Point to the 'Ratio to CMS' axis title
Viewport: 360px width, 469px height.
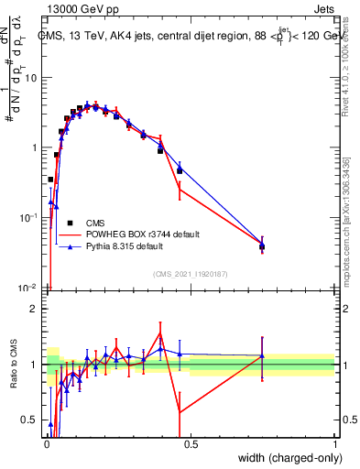12,365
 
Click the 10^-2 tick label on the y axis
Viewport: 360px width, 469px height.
30,288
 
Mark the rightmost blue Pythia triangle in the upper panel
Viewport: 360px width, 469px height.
262,245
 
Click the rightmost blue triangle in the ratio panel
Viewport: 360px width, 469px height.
262,355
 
